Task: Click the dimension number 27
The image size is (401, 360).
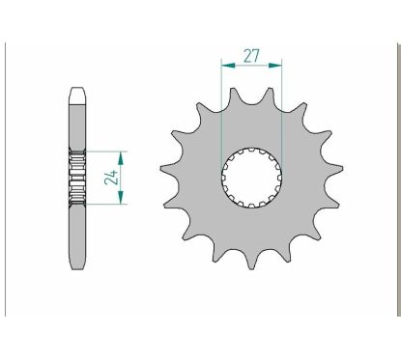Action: (x=251, y=55)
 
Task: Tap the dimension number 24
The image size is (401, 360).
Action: (x=111, y=177)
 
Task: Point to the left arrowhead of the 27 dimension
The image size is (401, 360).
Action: (x=225, y=66)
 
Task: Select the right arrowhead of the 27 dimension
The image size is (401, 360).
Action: (x=278, y=66)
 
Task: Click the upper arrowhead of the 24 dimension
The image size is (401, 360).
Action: (x=122, y=154)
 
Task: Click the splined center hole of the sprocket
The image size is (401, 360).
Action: (x=251, y=177)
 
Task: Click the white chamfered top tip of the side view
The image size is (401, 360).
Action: (x=77, y=94)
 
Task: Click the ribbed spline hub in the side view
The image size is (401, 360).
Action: (x=77, y=178)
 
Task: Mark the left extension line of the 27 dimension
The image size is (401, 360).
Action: (x=222, y=106)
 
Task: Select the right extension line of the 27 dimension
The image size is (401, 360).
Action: (x=281, y=106)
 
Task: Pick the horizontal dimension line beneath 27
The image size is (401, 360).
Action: (x=251, y=66)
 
